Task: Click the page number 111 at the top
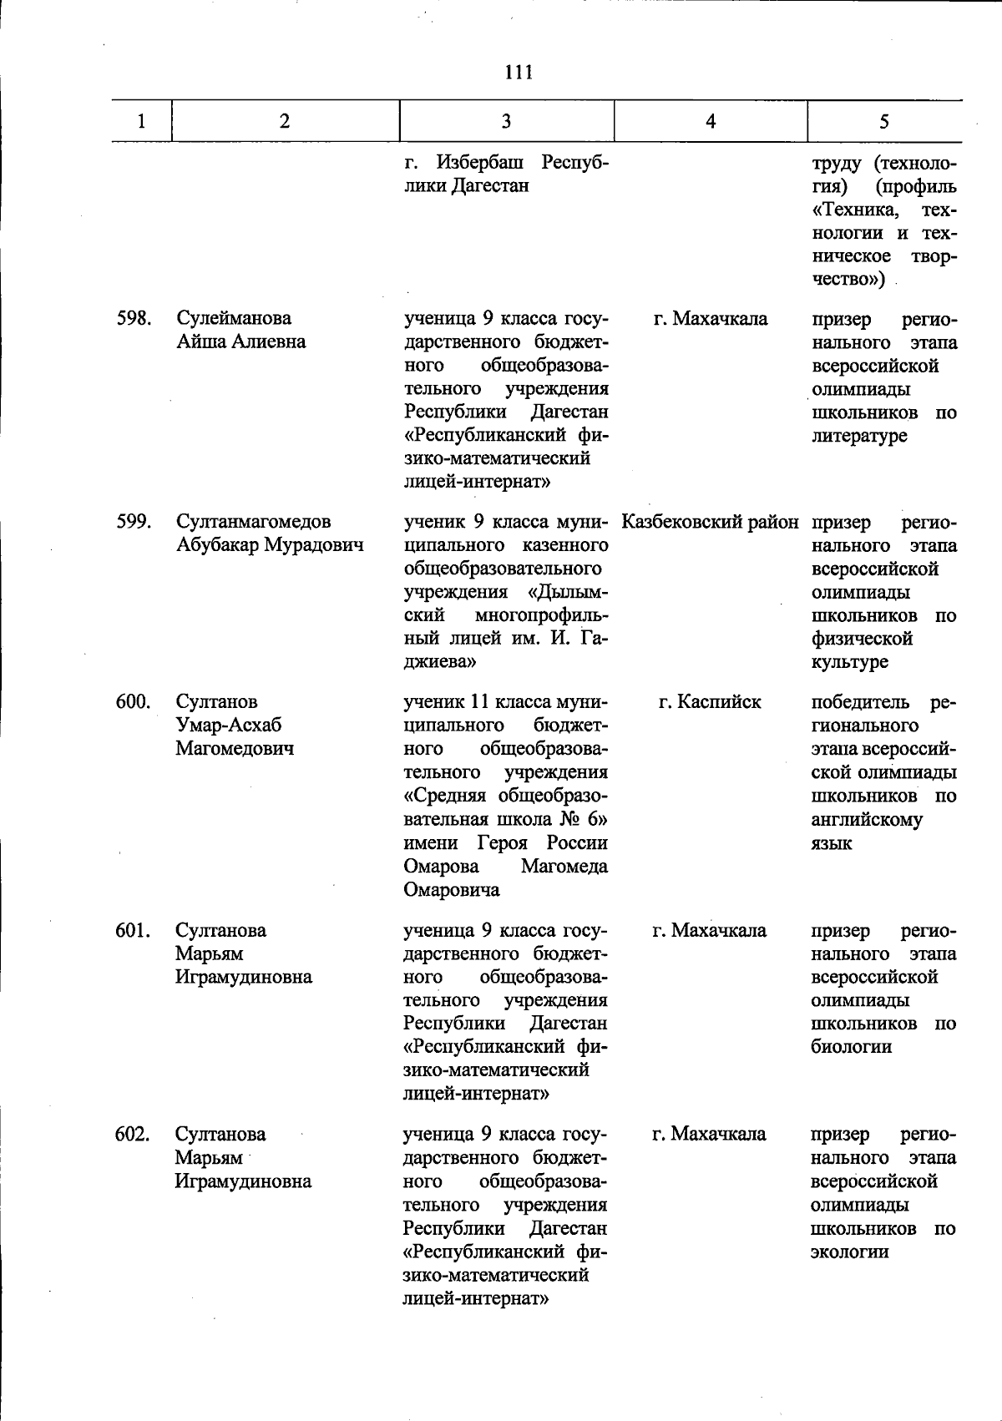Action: pos(519,73)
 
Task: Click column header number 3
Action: pos(506,121)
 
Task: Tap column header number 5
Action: pos(883,121)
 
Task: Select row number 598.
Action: pos(133,318)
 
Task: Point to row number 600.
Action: pos(133,701)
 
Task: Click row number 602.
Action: pos(133,1134)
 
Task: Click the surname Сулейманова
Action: pos(234,318)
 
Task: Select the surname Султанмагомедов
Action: pos(253,522)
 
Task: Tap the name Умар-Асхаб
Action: pos(228,725)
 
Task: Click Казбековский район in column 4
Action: pos(710,522)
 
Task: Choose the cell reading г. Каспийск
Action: pos(710,701)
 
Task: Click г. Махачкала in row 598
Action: pos(710,318)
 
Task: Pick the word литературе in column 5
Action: pos(858,436)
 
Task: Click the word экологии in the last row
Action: pos(849,1252)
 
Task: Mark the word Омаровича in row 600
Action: pos(452,890)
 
